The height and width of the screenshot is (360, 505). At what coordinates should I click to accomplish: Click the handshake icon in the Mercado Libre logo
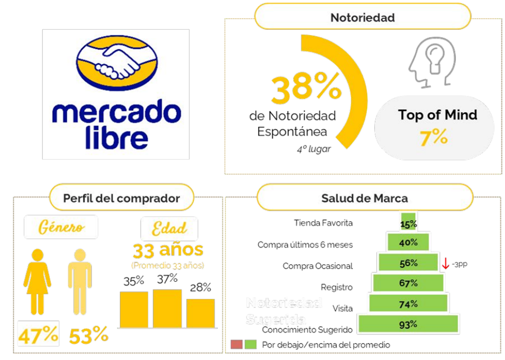click(x=116, y=62)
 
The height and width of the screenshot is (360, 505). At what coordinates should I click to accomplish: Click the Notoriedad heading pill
click(x=362, y=18)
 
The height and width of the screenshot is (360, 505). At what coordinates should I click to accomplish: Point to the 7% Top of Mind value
click(x=434, y=138)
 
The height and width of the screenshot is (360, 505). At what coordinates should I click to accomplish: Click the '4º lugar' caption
click(x=313, y=149)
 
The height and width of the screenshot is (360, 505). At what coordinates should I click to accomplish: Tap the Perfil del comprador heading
click(x=121, y=198)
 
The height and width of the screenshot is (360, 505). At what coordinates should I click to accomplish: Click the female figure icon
click(x=37, y=281)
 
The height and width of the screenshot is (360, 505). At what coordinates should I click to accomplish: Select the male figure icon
click(x=79, y=281)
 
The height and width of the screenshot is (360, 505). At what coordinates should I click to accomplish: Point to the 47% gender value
click(x=38, y=335)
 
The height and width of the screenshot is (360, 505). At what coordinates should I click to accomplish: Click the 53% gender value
click(x=89, y=335)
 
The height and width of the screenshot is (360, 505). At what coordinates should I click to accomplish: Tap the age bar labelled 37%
click(x=167, y=308)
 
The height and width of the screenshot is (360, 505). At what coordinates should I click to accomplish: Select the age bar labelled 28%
click(x=200, y=313)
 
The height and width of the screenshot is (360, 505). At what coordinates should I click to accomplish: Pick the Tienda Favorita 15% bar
click(x=409, y=223)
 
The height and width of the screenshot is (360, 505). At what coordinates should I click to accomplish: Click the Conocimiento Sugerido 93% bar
click(x=409, y=324)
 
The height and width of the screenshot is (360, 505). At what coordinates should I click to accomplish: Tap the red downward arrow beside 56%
click(x=445, y=263)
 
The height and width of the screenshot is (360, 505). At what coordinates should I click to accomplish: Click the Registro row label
click(x=336, y=287)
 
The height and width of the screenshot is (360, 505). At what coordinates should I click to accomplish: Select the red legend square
click(x=236, y=344)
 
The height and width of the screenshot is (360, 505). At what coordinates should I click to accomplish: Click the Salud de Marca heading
click(x=364, y=198)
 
